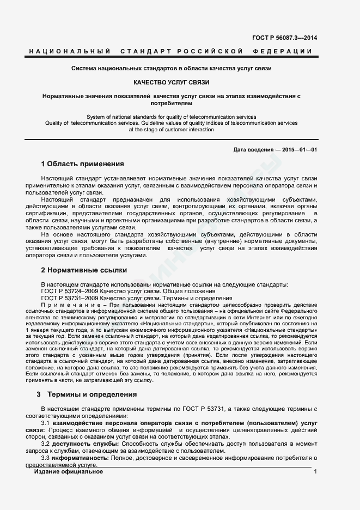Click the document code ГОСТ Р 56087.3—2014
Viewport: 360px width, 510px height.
point(284,38)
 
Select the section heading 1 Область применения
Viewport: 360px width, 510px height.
point(82,163)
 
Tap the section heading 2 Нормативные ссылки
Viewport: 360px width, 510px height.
point(84,270)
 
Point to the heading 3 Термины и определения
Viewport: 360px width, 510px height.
point(87,394)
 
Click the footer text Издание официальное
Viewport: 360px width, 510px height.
point(68,471)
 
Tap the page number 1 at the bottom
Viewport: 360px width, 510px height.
point(315,471)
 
